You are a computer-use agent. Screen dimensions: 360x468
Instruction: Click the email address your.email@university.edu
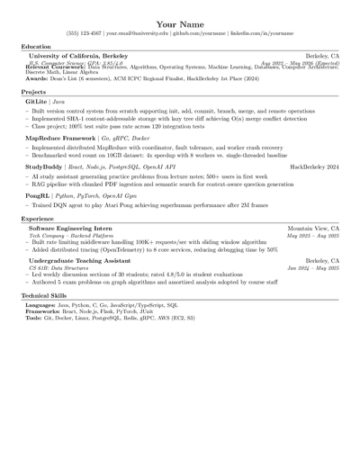(x=136, y=34)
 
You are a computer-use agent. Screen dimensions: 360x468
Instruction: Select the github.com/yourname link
(x=199, y=34)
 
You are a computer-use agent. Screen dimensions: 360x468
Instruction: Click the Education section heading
(x=36, y=46)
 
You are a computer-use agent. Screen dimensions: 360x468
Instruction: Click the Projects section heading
(x=33, y=92)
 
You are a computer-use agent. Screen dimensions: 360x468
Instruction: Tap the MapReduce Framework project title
(x=61, y=139)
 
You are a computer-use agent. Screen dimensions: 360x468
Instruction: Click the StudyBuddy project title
(x=44, y=167)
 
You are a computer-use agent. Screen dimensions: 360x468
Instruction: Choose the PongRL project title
(x=37, y=195)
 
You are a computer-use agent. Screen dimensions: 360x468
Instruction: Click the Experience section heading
(x=37, y=219)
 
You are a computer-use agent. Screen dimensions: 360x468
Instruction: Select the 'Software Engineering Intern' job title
(x=71, y=229)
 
